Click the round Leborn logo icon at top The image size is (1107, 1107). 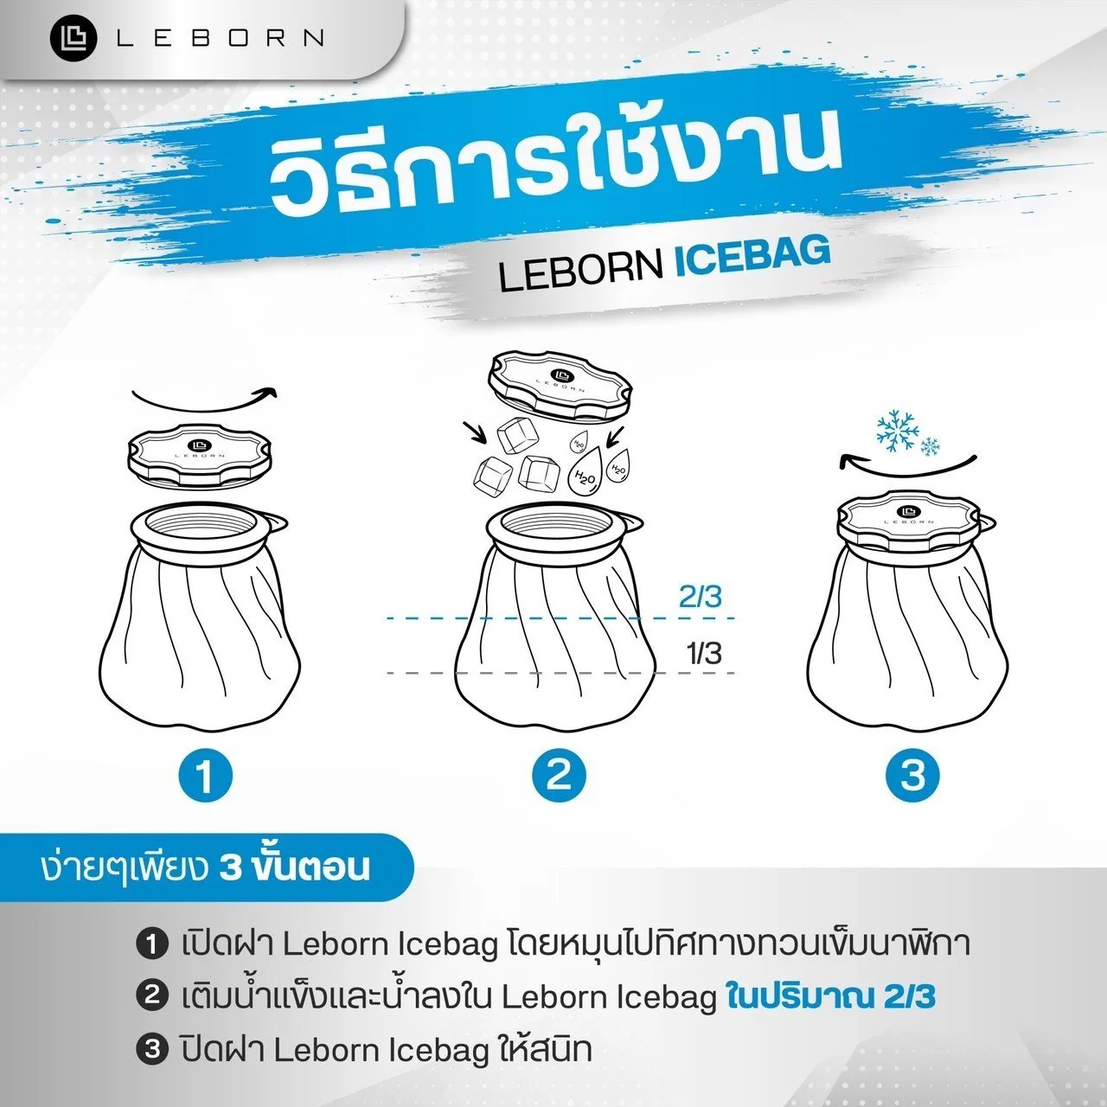click(x=74, y=38)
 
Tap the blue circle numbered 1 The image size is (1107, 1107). click(x=205, y=775)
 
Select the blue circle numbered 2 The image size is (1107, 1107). click(x=558, y=775)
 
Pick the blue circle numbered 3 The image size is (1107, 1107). click(x=912, y=775)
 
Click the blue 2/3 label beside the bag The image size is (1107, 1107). click(x=700, y=597)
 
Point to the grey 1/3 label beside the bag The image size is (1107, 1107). click(x=703, y=653)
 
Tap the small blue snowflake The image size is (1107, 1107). click(x=931, y=447)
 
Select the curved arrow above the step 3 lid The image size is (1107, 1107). click(x=908, y=463)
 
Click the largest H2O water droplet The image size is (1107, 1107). click(x=585, y=472)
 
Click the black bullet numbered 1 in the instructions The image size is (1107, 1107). click(x=152, y=944)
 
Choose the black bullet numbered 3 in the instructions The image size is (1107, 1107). click(x=152, y=1050)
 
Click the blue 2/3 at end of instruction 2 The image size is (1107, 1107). click(x=909, y=997)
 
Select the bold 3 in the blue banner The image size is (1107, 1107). click(x=231, y=867)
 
